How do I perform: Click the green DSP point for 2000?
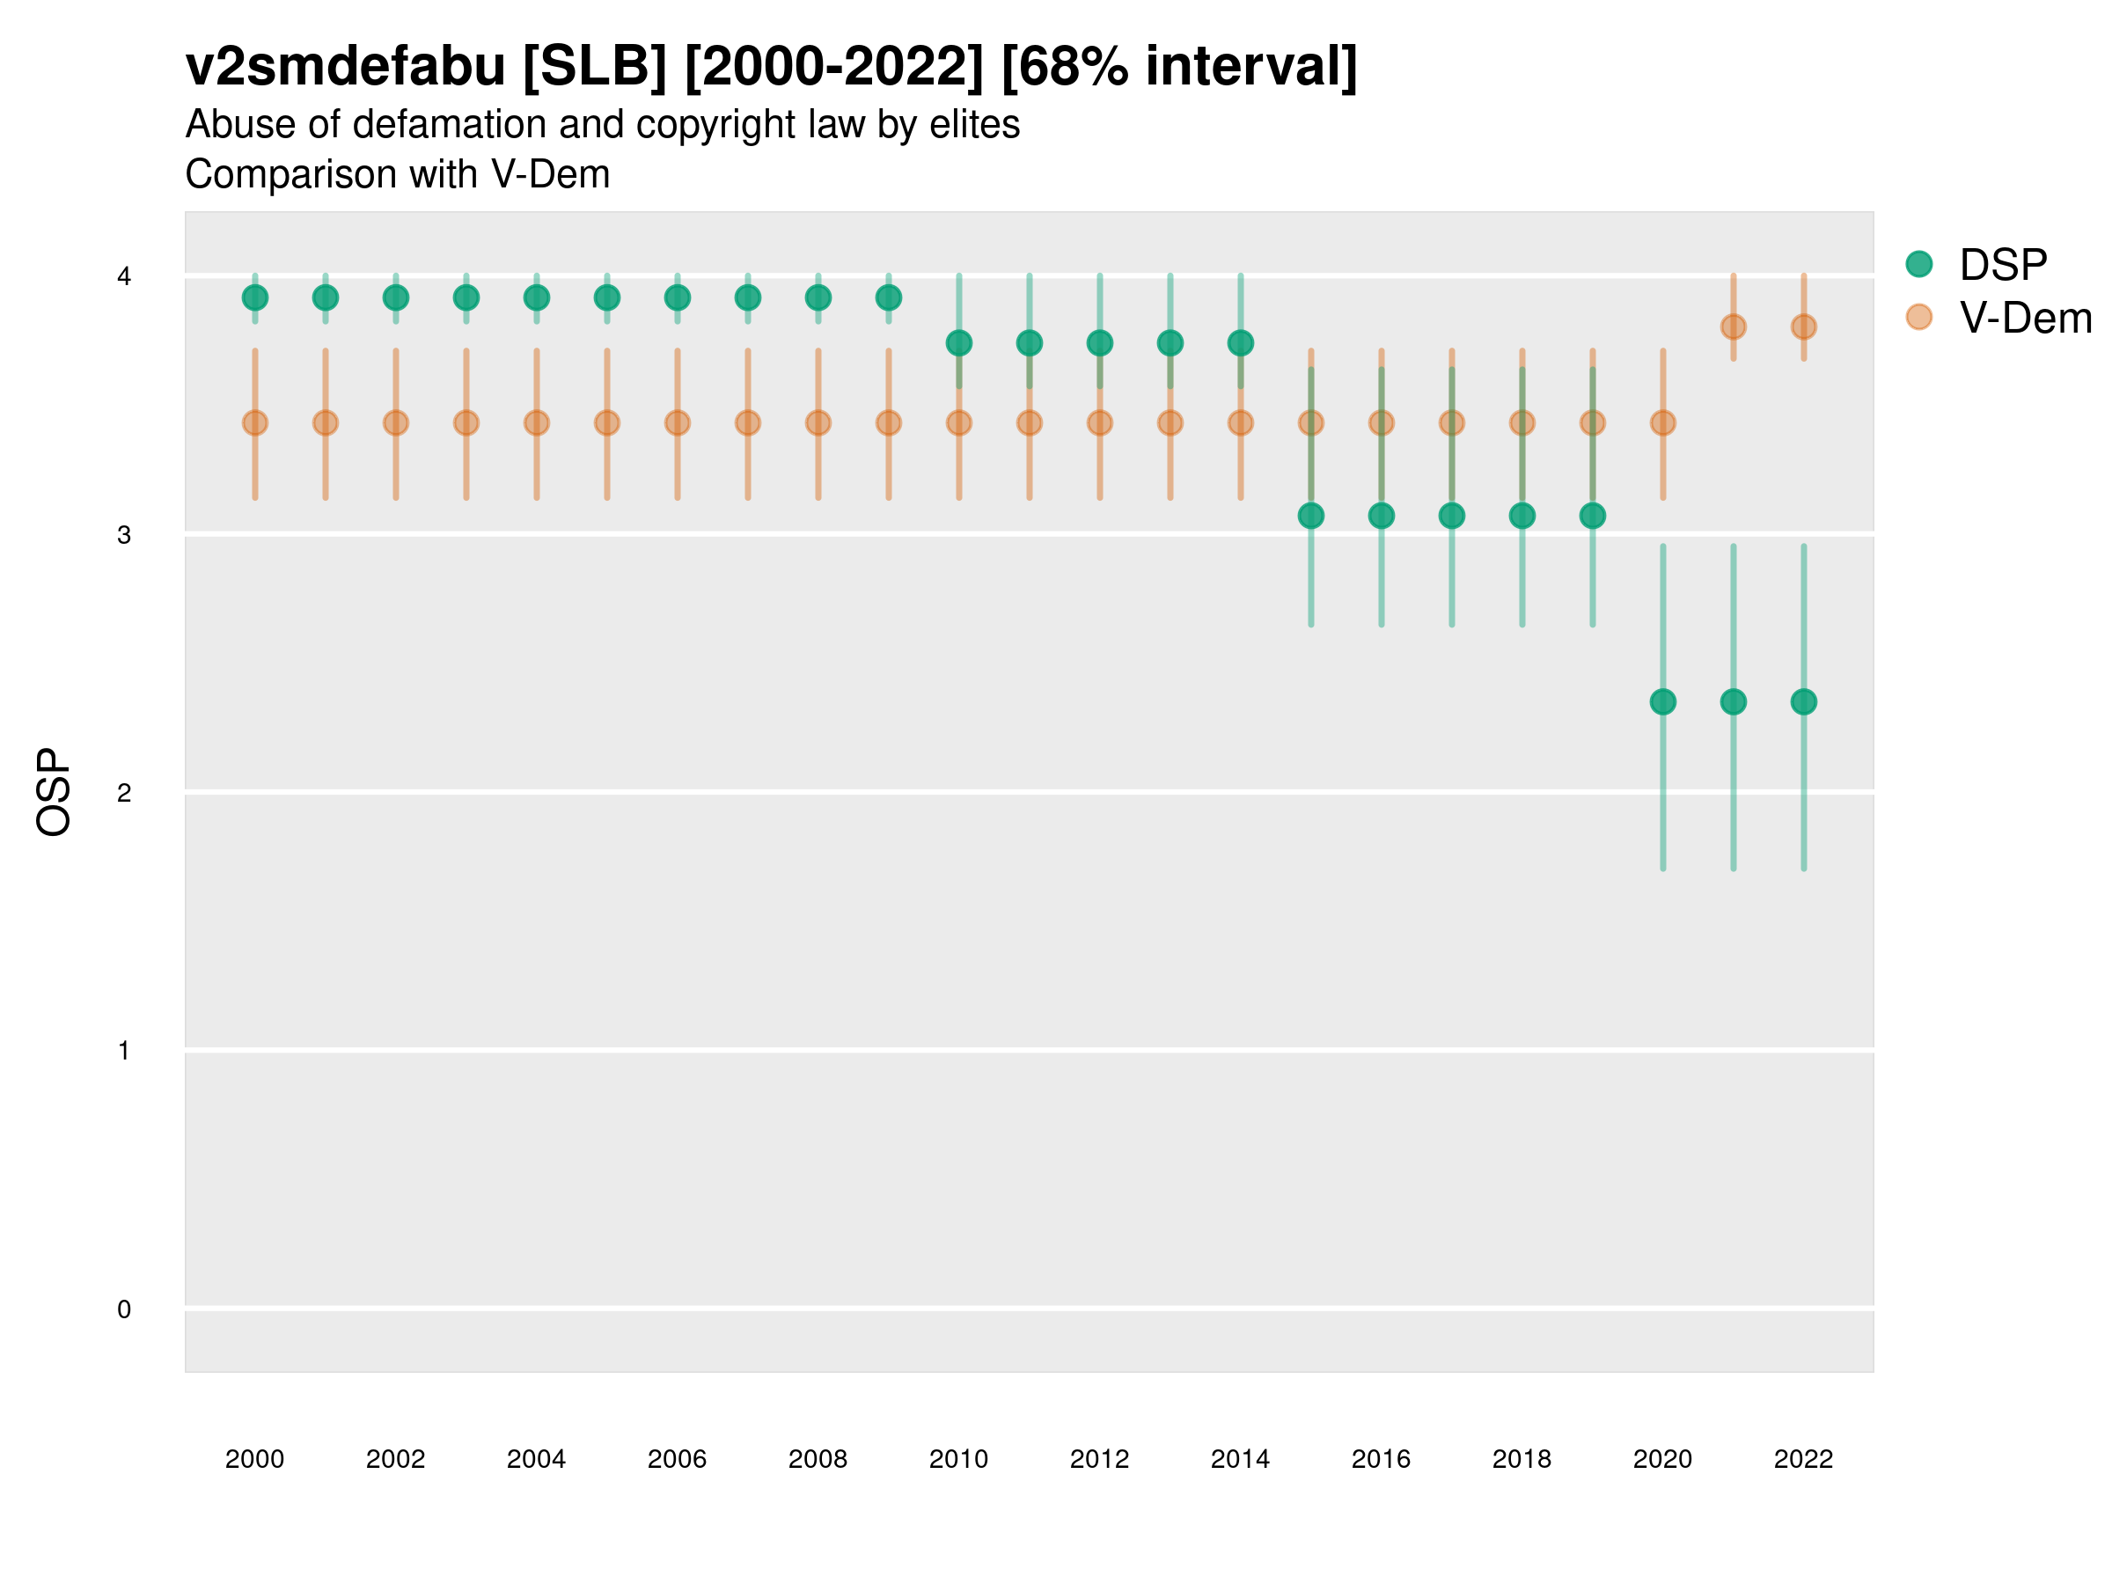click(255, 298)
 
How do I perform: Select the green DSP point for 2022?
click(1804, 701)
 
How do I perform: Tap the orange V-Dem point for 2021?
click(1733, 326)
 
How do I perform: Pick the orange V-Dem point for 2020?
click(1662, 423)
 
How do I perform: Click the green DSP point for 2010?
click(958, 343)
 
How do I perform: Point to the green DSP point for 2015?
click(1311, 516)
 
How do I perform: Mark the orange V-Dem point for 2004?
click(537, 423)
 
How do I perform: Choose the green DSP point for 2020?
click(1662, 701)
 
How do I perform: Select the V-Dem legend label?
click(2025, 318)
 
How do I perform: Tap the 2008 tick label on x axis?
click(818, 1459)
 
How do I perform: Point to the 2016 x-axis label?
click(1381, 1459)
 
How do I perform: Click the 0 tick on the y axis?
click(124, 1309)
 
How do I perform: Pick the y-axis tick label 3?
click(124, 535)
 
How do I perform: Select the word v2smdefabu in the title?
click(346, 67)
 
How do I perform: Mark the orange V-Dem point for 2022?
click(1804, 326)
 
